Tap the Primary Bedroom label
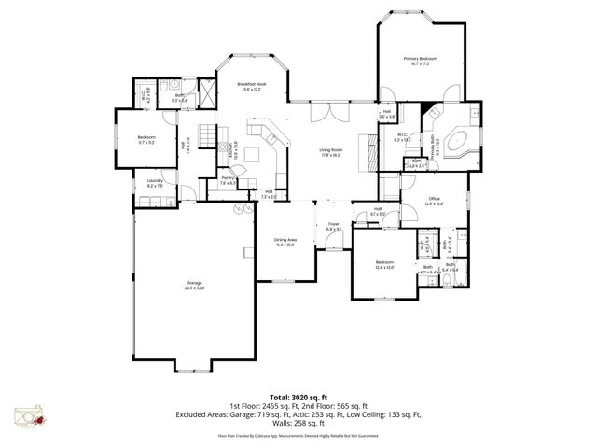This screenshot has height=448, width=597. (420, 61)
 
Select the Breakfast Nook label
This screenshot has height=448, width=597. (253, 87)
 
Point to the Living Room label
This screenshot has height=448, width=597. (330, 152)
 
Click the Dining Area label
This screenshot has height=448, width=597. (285, 242)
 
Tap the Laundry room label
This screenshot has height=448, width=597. (154, 184)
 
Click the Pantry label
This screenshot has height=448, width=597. (227, 181)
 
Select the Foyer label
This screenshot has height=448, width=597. (333, 226)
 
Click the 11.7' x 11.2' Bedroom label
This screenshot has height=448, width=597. (146, 139)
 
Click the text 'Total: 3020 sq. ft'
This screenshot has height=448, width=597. (298, 397)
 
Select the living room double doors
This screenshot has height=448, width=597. (322, 114)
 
